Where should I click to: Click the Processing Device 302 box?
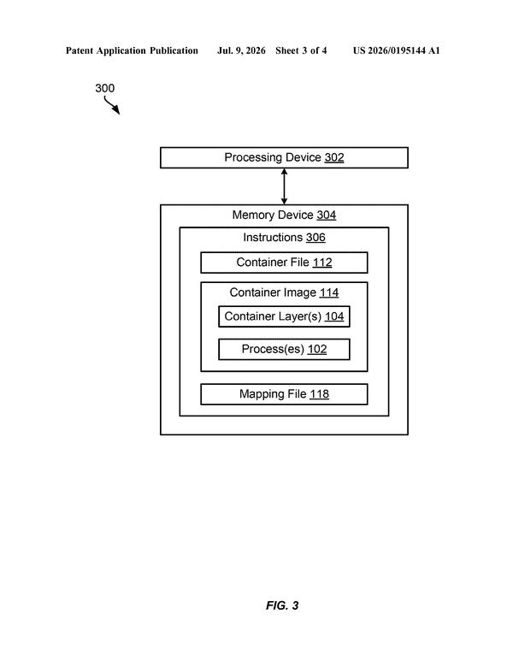(x=284, y=157)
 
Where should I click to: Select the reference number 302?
(x=334, y=157)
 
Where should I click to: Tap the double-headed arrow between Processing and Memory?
(x=284, y=186)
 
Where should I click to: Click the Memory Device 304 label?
(x=284, y=215)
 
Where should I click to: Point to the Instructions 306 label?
(x=284, y=238)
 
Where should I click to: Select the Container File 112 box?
(x=284, y=263)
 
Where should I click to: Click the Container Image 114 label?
(x=284, y=292)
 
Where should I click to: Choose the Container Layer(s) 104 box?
(x=284, y=316)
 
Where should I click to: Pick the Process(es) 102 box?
(x=284, y=350)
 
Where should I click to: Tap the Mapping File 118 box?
(x=284, y=394)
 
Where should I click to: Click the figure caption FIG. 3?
(x=282, y=605)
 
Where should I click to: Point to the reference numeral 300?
(x=104, y=88)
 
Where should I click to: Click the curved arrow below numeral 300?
(x=111, y=105)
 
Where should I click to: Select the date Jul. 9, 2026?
(x=241, y=50)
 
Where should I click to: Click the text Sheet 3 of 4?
(x=301, y=50)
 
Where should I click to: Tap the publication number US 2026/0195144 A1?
(x=396, y=50)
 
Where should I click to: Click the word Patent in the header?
(x=80, y=50)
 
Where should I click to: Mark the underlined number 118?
(x=319, y=394)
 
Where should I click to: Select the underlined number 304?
(x=327, y=215)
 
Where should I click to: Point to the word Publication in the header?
(x=174, y=50)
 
